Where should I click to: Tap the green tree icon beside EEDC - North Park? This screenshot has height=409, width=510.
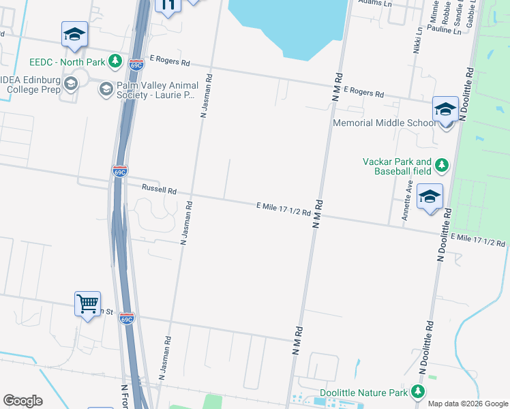coord(115,61)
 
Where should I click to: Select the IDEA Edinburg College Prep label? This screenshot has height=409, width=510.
coord(31,85)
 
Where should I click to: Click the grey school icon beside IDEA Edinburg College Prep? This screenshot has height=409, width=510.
coord(71,83)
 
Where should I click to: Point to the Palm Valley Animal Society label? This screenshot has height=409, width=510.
coord(157,90)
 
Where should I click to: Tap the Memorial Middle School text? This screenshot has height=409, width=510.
coord(384,123)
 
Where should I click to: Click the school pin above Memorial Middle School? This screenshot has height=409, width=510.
coord(445,109)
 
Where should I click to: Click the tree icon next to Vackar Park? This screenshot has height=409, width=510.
coord(442,165)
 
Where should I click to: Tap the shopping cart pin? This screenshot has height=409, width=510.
coord(87,304)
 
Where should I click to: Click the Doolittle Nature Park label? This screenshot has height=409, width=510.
coord(363,394)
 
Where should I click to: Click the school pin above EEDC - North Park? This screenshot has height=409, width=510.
coord(74,34)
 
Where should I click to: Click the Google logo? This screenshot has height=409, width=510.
coord(22,401)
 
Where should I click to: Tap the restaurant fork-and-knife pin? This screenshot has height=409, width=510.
coord(168,5)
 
